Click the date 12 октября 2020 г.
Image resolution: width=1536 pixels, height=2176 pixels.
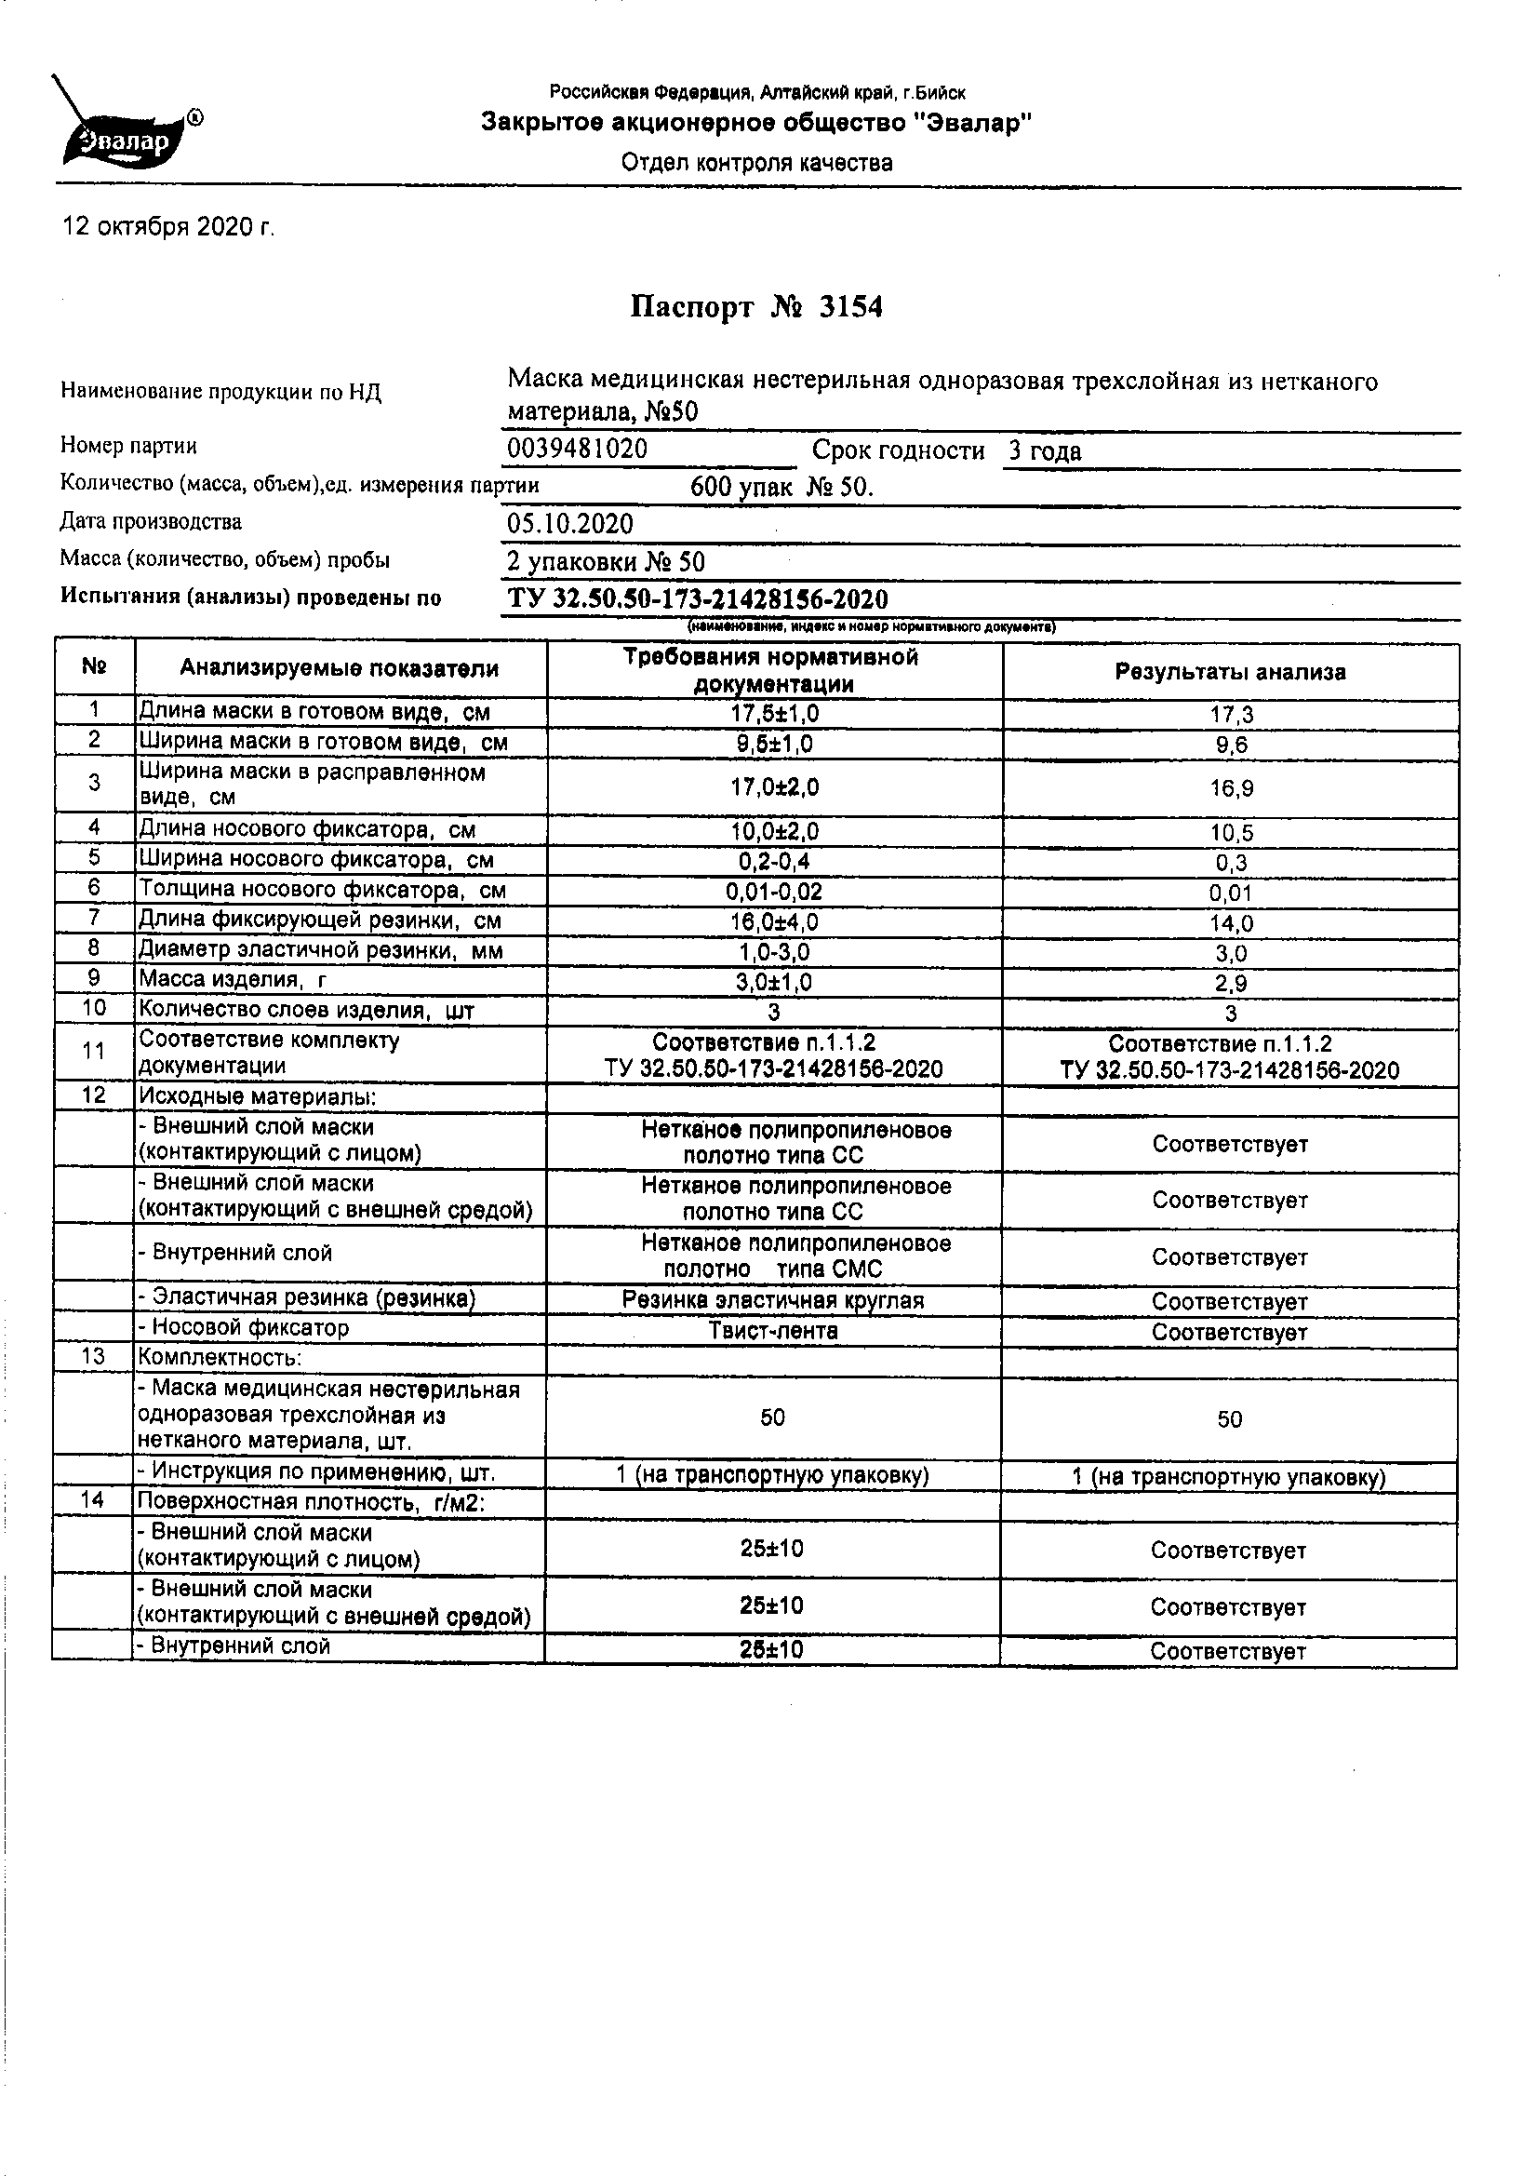168,227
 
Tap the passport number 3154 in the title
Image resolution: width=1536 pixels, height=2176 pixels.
850,308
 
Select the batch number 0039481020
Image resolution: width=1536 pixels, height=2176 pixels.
577,450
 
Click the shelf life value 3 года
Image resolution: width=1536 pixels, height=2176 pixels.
1044,451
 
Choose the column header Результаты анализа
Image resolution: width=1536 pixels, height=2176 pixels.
1229,673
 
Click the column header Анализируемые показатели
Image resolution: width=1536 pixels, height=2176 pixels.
340,669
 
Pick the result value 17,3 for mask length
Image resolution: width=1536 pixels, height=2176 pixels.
1231,716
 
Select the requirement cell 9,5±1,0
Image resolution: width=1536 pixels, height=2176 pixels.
773,745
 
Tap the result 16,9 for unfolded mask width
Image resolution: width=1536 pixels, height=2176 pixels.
1231,788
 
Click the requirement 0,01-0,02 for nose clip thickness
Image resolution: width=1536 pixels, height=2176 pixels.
773,893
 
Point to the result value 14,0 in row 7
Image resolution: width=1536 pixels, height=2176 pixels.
1231,923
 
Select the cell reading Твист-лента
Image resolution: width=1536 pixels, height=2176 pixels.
773,1331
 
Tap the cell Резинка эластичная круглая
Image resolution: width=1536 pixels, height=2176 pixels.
772,1300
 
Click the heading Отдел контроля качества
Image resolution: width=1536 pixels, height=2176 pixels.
756,163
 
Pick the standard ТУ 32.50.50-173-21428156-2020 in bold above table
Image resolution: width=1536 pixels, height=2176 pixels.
698,600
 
